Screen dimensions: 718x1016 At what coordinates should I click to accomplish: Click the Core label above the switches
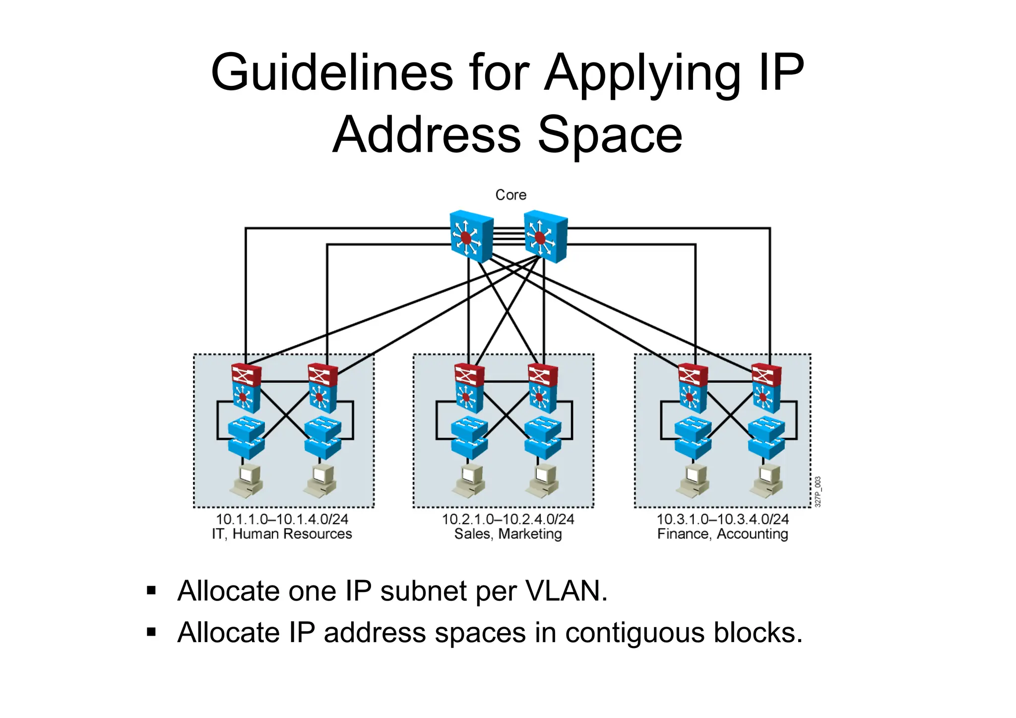(510, 195)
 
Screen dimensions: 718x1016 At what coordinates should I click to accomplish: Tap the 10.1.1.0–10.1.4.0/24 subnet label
(282, 519)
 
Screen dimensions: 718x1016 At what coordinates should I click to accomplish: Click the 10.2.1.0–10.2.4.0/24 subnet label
(508, 519)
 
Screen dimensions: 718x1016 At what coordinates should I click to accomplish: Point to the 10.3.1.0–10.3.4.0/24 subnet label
(722, 519)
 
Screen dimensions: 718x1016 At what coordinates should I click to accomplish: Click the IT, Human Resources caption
(282, 534)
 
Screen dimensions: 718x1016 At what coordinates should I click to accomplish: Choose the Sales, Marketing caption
(508, 534)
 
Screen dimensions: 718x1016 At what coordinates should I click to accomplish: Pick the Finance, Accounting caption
(722, 534)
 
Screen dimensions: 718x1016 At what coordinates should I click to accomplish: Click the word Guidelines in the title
(331, 73)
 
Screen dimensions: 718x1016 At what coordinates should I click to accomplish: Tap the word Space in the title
(610, 135)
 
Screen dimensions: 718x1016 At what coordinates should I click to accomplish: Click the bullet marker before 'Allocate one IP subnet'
(151, 591)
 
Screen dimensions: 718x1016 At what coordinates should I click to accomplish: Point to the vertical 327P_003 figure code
(818, 491)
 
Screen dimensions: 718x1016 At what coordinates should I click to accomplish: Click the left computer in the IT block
(247, 481)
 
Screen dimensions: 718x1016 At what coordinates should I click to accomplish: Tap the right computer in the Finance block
(767, 481)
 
